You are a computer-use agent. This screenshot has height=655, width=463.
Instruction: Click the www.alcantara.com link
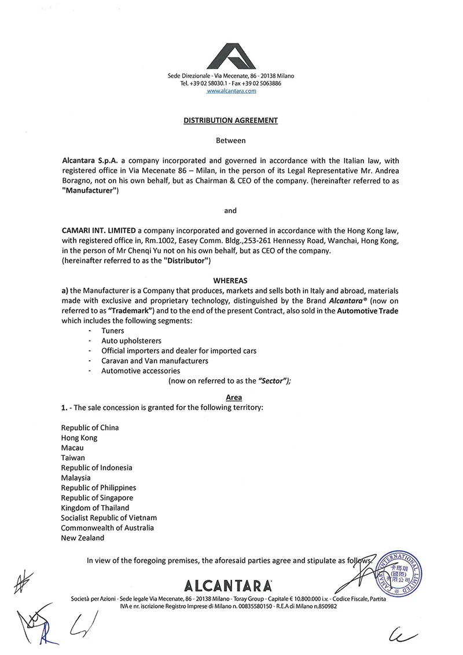pos(231,91)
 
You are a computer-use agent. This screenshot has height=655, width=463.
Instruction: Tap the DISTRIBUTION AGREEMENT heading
pos(230,120)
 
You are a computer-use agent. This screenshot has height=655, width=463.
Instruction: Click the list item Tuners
pos(112,330)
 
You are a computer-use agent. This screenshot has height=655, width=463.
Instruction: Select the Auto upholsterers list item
pos(131,341)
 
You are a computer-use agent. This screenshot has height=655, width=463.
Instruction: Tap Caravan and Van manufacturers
pos(155,361)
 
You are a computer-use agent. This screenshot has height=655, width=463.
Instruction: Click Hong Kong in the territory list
pos(79,438)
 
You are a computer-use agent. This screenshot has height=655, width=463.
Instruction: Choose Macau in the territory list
pos(72,448)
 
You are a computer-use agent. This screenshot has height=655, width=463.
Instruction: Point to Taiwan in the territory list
pos(73,458)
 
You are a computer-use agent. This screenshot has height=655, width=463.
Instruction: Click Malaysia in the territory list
pos(76,478)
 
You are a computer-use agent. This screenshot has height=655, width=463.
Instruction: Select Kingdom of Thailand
pos(95,508)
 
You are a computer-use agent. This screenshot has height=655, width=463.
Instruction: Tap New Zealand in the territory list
pos(83,538)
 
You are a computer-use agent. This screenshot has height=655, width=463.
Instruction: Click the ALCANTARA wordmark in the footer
pos(230,584)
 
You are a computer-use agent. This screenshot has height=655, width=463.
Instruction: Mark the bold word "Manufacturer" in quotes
pos(90,192)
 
